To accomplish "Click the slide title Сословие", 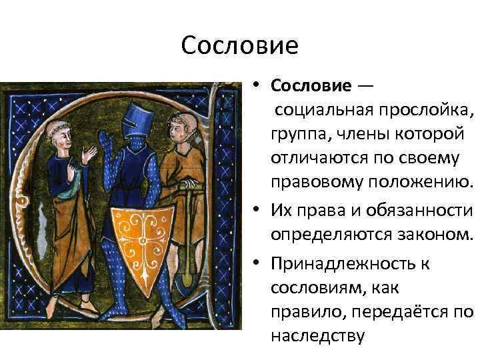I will (239, 46).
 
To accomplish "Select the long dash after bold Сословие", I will (365, 86).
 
